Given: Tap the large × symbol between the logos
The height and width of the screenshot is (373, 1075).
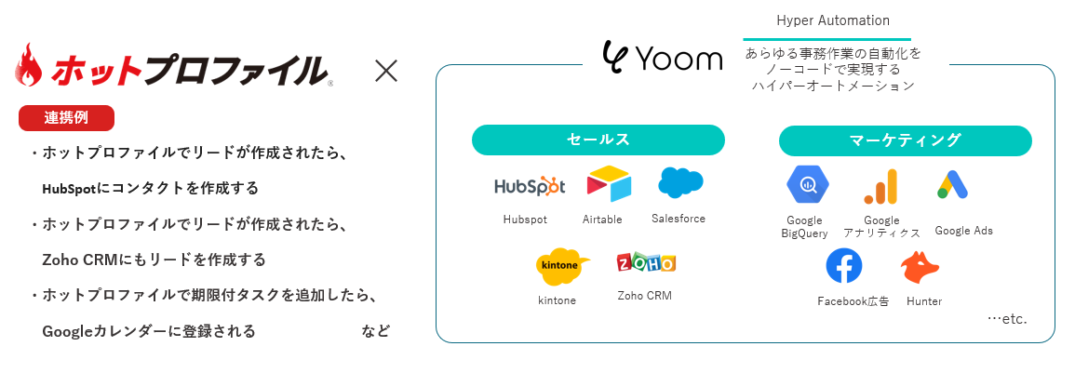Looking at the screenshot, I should (385, 71).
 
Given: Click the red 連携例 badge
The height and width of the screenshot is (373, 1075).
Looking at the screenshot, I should (66, 118).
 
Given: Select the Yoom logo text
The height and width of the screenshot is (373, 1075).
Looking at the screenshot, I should (663, 59).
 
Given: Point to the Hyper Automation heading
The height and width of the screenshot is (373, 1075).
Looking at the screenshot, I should (833, 20).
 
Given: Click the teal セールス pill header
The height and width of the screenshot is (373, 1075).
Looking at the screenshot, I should (598, 140).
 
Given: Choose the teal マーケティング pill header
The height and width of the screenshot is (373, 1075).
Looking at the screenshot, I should (905, 140).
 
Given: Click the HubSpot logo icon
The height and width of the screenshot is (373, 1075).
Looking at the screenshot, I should (529, 186).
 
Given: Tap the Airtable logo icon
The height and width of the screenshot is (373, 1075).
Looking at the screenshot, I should (609, 183).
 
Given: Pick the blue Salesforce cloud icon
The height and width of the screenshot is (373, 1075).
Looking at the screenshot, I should (680, 182).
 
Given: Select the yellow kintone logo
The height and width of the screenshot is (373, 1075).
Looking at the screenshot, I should (563, 266).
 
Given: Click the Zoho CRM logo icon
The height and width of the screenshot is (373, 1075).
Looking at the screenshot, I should (645, 263).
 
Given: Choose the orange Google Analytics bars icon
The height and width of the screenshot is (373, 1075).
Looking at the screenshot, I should (880, 187).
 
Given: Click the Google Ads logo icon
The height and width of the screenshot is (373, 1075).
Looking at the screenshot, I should (953, 186).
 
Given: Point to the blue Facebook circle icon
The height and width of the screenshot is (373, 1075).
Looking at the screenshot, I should (844, 267).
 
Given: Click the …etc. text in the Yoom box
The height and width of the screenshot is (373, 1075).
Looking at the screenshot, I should (1006, 319).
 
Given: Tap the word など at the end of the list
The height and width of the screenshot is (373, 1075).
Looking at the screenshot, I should (376, 331).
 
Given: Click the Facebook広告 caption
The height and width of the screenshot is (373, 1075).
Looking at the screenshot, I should (853, 301).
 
